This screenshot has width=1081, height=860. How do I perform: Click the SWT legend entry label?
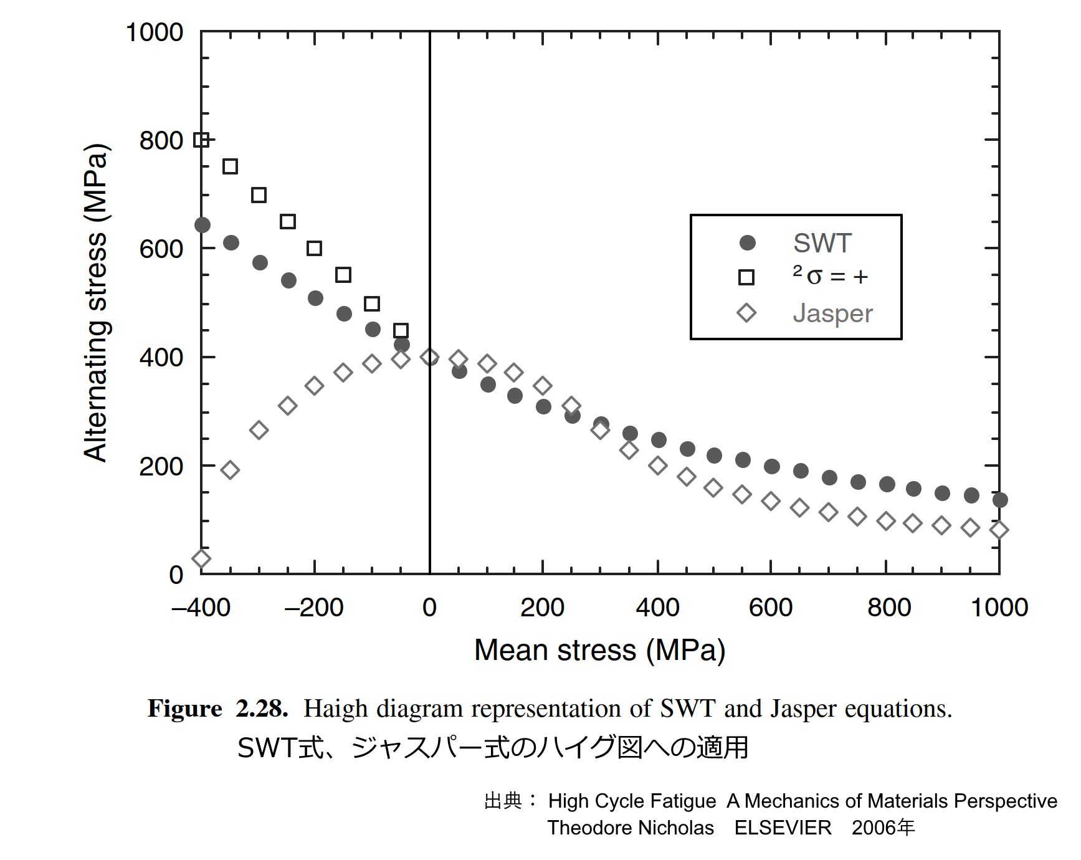(x=822, y=243)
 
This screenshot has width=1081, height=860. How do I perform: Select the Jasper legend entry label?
(x=832, y=313)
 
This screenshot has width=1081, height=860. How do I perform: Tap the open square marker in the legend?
(x=746, y=277)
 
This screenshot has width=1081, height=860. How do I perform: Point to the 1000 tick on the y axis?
(x=155, y=32)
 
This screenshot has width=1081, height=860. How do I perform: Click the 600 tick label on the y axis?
(x=161, y=249)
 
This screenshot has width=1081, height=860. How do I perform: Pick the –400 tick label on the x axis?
(x=201, y=607)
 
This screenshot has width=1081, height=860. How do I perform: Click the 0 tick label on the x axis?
(x=429, y=607)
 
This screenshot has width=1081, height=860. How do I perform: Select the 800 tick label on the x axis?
(x=888, y=607)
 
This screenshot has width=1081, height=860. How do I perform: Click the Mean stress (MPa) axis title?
(x=599, y=650)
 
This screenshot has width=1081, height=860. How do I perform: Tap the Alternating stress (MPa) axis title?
(x=96, y=303)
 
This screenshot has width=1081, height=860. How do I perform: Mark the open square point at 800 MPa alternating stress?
(x=201, y=140)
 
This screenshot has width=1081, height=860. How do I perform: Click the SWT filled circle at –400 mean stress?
(x=202, y=225)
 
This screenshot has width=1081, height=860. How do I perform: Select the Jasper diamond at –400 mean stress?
(x=201, y=558)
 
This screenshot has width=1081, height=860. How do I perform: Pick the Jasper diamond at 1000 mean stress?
(x=999, y=530)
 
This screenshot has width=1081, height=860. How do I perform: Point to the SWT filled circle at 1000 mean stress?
(x=999, y=500)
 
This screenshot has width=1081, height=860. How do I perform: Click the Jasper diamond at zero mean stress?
(x=429, y=357)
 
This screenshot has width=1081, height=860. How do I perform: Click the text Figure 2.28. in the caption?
(x=217, y=709)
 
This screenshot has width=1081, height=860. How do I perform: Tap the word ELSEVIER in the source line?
(x=783, y=828)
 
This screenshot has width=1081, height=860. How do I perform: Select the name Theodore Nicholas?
(x=631, y=828)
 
